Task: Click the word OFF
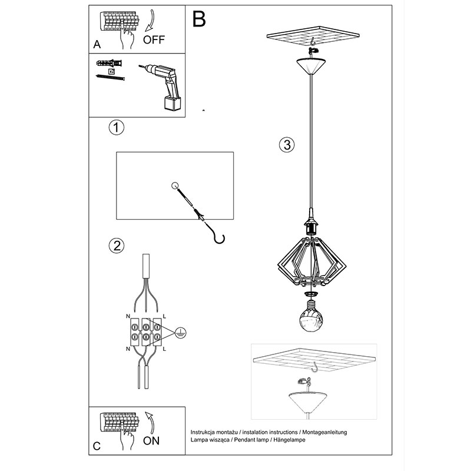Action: coord(154,40)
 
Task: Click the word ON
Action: coord(151,441)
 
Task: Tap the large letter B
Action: coord(199,19)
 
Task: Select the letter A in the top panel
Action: coord(97,45)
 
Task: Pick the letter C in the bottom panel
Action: coord(97,446)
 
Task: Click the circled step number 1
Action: coord(116,127)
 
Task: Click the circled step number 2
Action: coord(116,246)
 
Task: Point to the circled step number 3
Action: coord(287,145)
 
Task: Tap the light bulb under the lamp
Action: coord(311,316)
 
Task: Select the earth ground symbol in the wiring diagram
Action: coord(180,333)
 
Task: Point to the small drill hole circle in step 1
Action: coord(175,185)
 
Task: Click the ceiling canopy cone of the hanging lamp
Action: coord(311,66)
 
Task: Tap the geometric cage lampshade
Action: coord(312,261)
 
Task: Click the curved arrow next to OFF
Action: coord(150,21)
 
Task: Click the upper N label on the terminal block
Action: coord(128,316)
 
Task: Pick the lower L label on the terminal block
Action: coord(164,349)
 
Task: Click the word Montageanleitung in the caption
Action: coord(324,432)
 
